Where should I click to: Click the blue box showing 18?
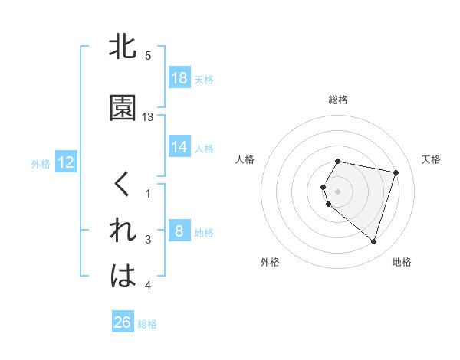point(179,78)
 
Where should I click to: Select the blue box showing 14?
point(179,147)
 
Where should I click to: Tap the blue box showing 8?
point(179,231)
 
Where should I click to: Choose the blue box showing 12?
point(65,162)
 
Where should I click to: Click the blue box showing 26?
point(122,322)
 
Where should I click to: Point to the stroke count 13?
point(148,116)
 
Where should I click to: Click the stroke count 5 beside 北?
point(148,55)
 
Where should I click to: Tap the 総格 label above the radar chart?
point(338,100)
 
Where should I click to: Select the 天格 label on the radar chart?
point(431,159)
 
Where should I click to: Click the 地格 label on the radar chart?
point(402,262)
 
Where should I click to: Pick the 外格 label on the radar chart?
point(270,262)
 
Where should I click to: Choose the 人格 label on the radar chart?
point(245,159)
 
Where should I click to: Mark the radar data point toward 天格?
point(396,172)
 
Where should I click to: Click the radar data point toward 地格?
point(373,242)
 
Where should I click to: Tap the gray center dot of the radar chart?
point(338,191)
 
